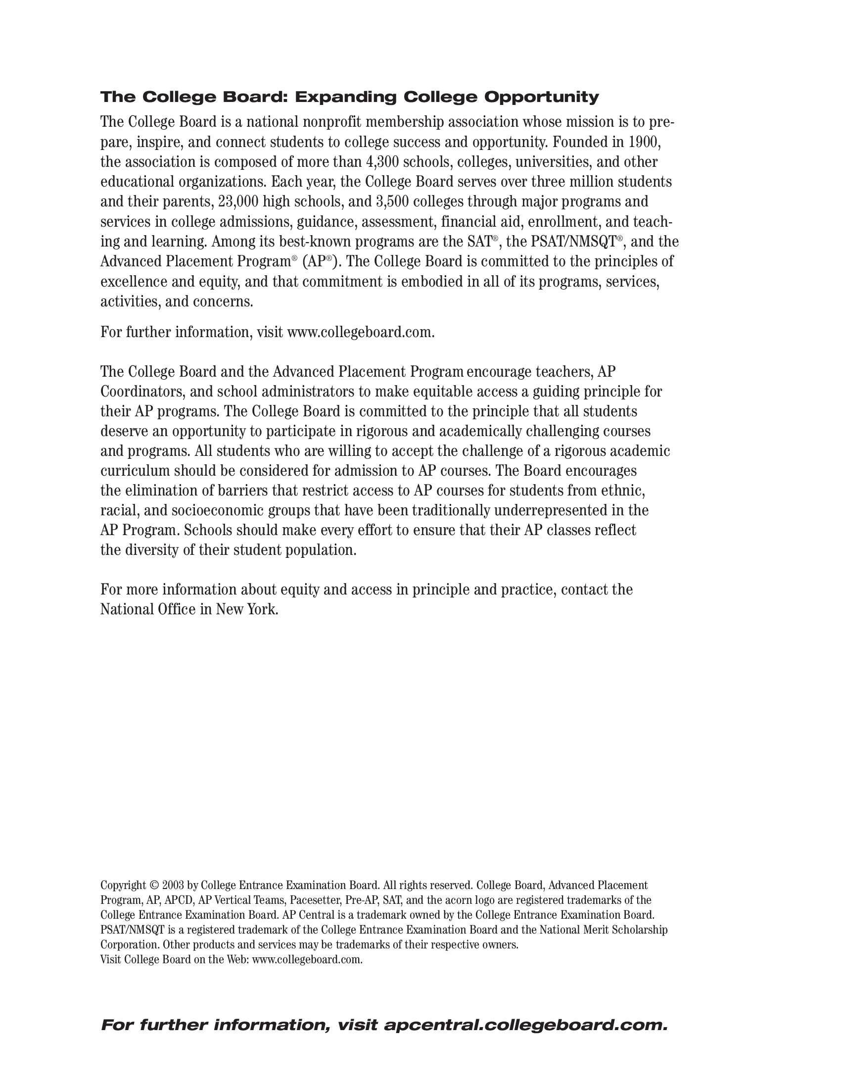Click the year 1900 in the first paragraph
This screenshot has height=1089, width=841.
pyautogui.click(x=644, y=143)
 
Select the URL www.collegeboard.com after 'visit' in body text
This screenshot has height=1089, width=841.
pyautogui.click(x=361, y=333)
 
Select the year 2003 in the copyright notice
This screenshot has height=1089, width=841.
pyautogui.click(x=173, y=886)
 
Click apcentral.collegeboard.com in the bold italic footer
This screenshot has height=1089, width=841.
pyautogui.click(x=525, y=1026)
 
